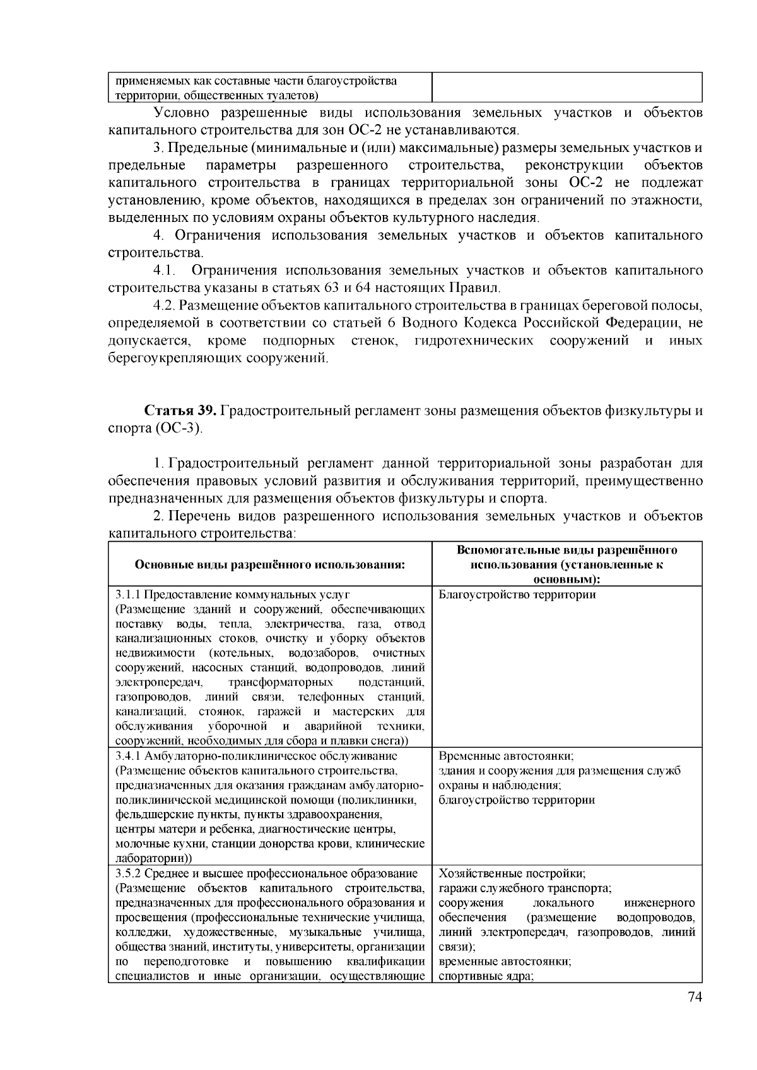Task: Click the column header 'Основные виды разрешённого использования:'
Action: pos(269,564)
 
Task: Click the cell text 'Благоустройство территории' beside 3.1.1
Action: pos(517,595)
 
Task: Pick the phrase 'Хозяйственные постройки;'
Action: pos(512,873)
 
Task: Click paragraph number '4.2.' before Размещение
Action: pos(165,306)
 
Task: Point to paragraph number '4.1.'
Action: pos(163,270)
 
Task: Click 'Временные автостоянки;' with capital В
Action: pos(505,755)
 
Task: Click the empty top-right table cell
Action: pos(566,86)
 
